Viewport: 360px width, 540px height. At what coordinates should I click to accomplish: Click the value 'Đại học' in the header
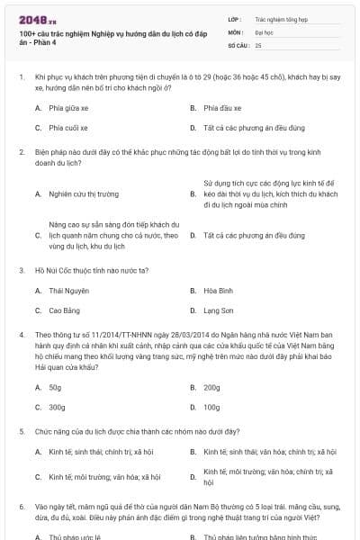coord(264,31)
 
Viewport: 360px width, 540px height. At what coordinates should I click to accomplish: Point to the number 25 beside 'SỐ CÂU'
coord(258,44)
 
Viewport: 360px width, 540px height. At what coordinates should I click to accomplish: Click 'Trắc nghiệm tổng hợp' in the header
coord(280,18)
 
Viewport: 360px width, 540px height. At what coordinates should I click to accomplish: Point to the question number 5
coord(22,431)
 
